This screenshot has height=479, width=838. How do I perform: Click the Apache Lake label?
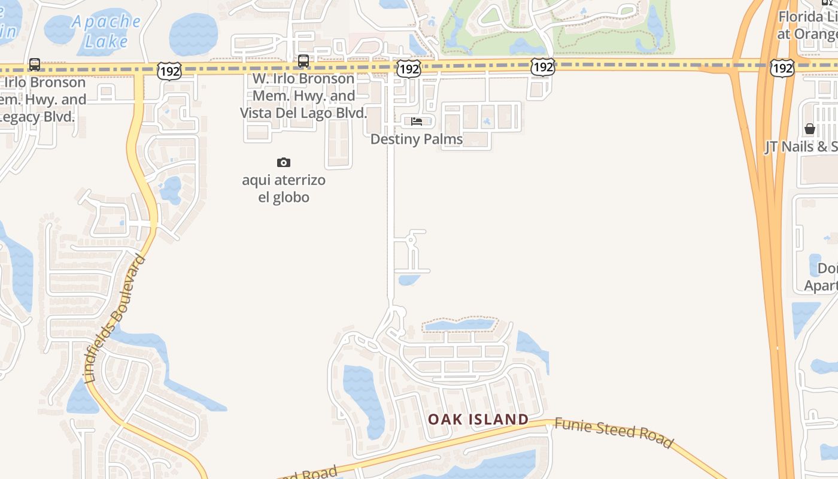pos(107,31)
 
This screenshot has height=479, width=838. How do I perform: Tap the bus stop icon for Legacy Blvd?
pos(35,64)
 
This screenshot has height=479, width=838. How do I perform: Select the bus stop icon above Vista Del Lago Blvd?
pos(303,61)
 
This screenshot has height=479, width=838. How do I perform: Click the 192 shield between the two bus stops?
pos(169,71)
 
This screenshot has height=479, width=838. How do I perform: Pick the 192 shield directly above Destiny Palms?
pos(409,69)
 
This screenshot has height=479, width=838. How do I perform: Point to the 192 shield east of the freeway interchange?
pos(782,68)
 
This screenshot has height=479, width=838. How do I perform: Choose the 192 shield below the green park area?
pos(542,66)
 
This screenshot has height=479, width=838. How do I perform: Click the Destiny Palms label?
pos(417,139)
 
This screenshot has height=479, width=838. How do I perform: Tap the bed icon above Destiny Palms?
pos(417,122)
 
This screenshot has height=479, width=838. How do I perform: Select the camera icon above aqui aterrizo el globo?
pos(284,162)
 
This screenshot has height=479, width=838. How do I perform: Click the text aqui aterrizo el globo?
pos(284,188)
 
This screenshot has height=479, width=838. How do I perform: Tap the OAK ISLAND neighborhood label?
pos(478,419)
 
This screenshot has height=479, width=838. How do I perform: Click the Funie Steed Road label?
pos(614,432)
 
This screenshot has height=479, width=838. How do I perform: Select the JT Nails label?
pos(801,147)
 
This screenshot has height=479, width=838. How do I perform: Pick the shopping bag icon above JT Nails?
pos(810,129)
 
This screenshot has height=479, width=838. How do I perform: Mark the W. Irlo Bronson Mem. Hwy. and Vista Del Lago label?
pos(303,96)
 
